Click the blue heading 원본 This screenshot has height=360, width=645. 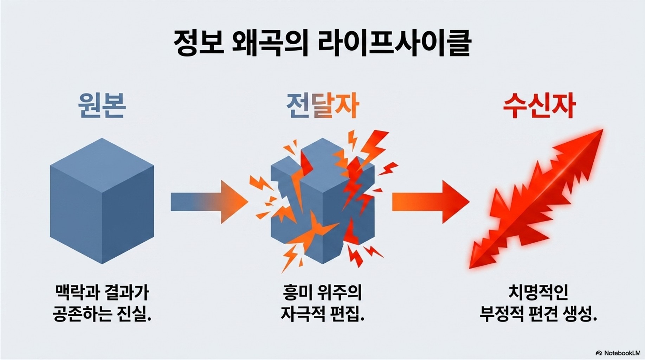click(102, 105)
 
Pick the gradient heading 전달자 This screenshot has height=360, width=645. click(322, 105)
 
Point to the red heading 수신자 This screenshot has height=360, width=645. click(539, 105)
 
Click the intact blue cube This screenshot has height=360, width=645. click(102, 201)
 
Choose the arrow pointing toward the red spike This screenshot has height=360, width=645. click(431, 202)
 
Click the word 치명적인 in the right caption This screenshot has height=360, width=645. click(538, 292)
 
